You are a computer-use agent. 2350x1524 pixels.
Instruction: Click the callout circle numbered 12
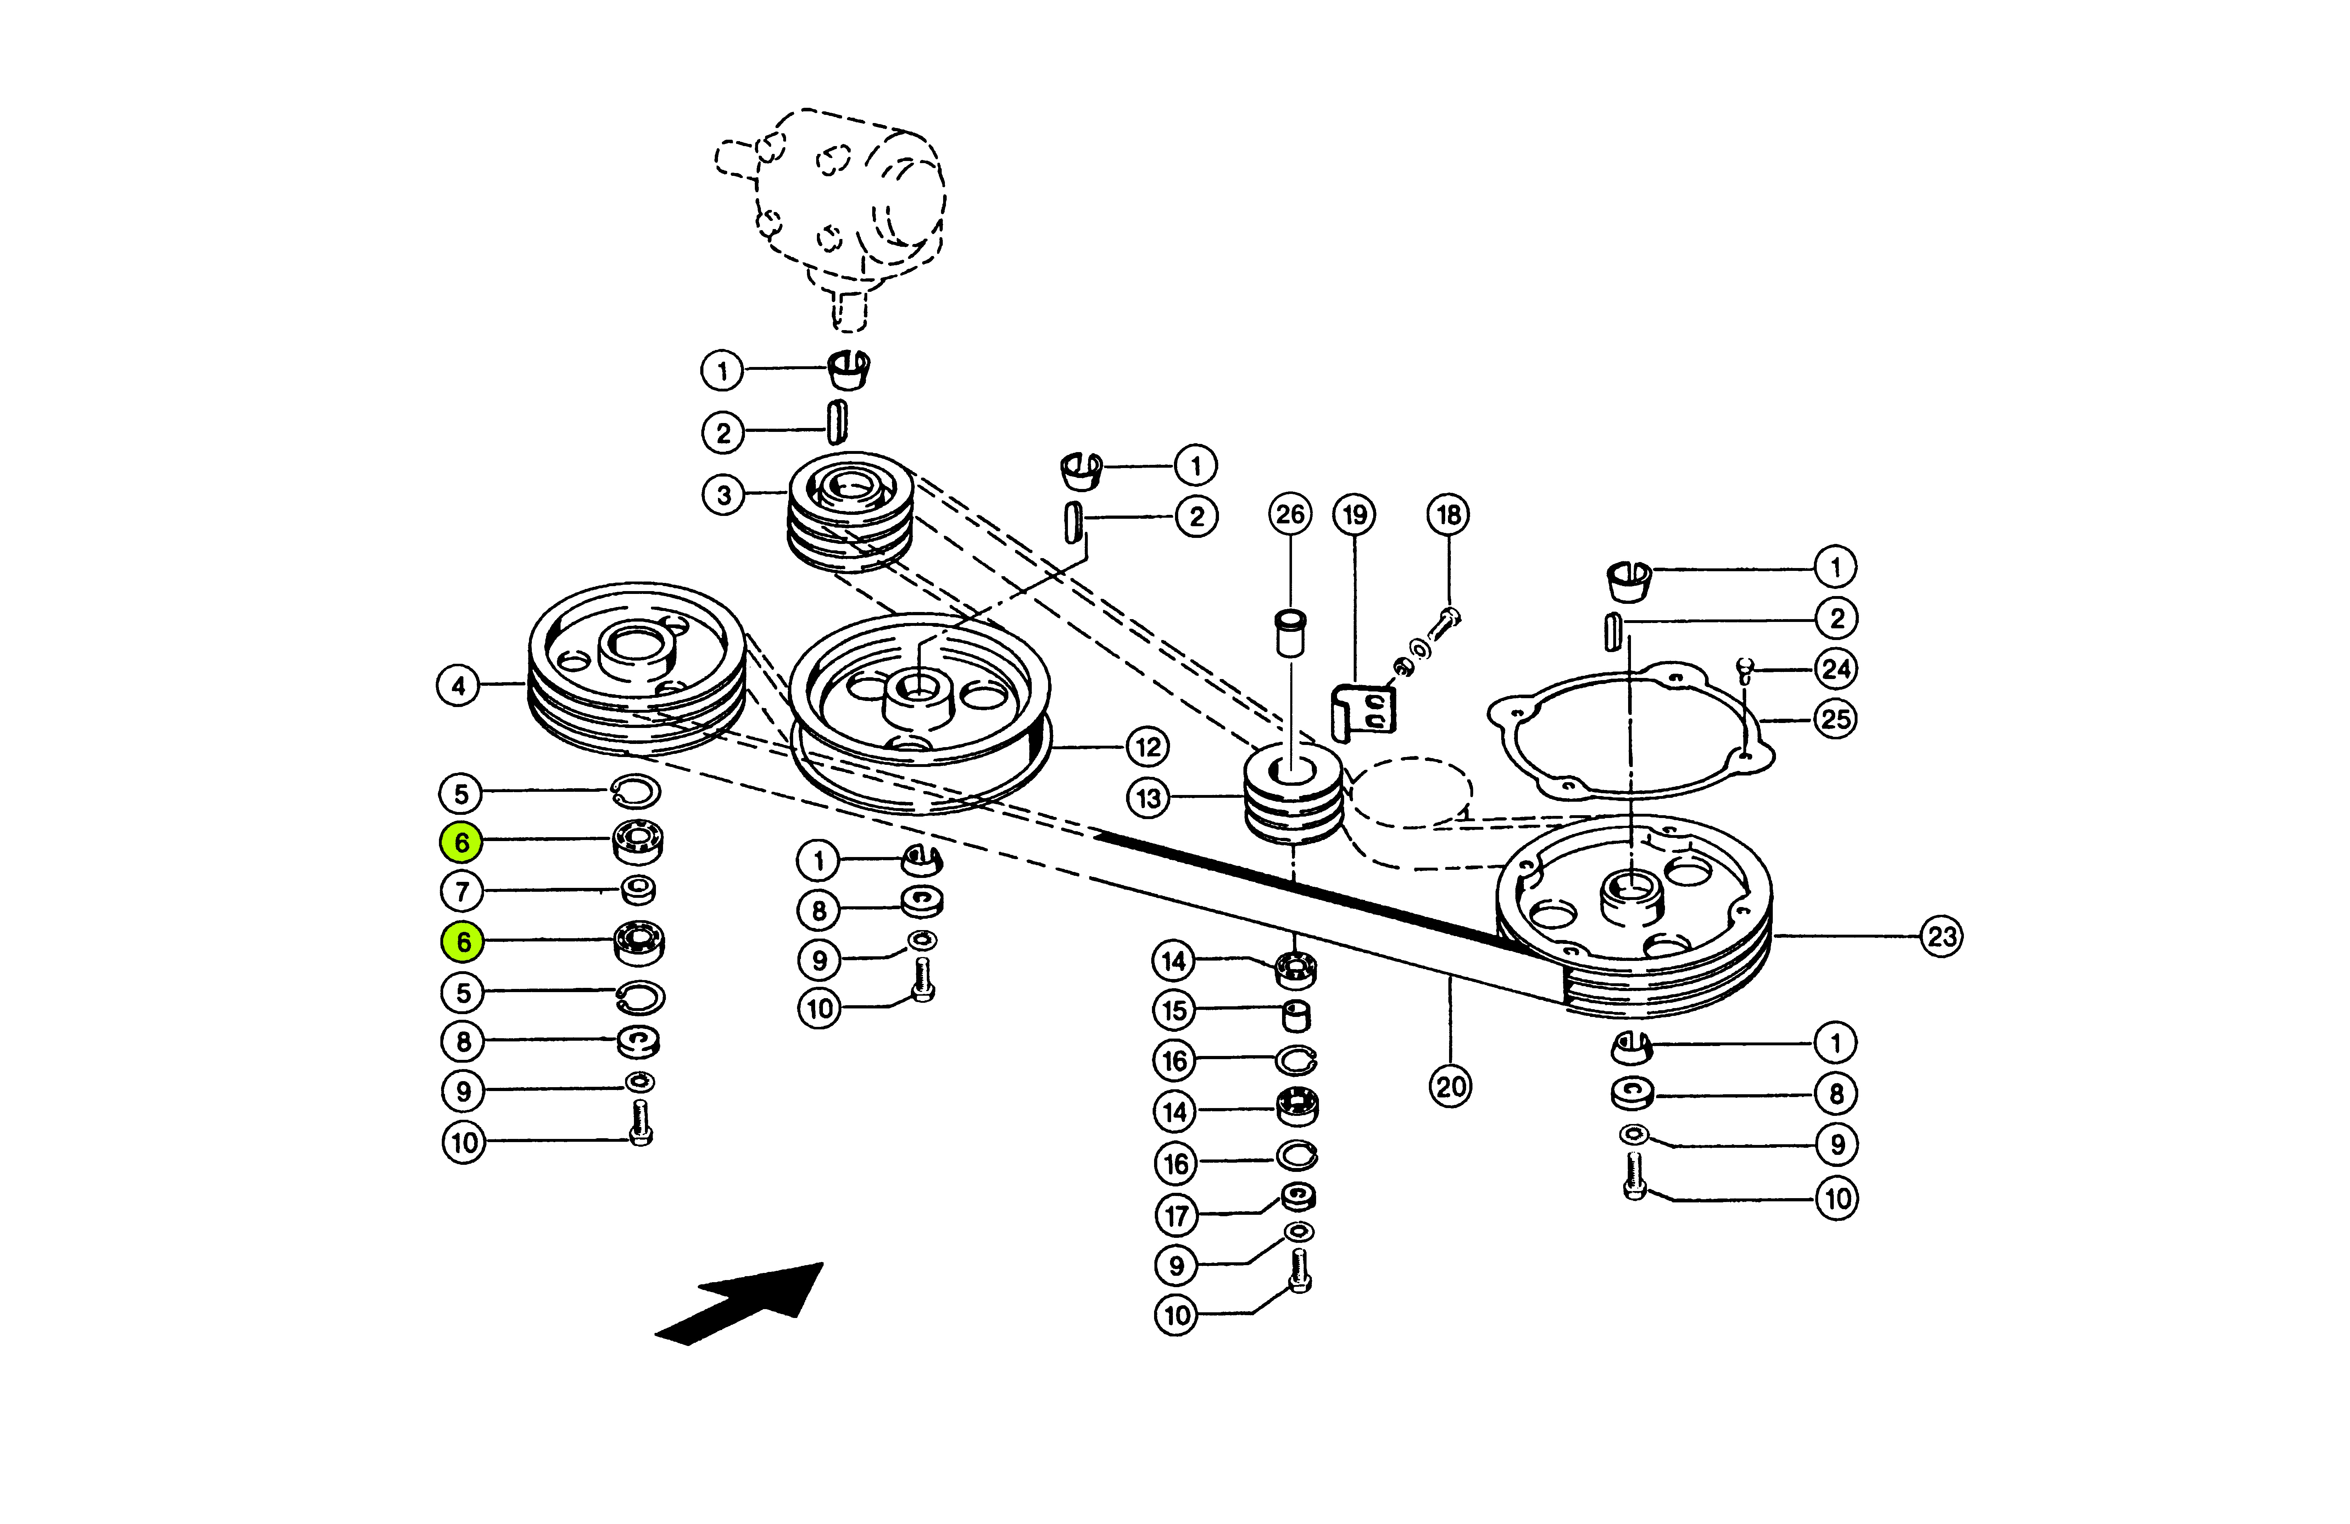click(x=1147, y=747)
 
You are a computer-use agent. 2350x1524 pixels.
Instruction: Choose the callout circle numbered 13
click(x=1148, y=798)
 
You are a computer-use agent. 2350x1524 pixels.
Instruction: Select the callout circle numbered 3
click(x=724, y=495)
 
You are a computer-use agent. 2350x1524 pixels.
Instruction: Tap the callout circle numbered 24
click(x=1836, y=669)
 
